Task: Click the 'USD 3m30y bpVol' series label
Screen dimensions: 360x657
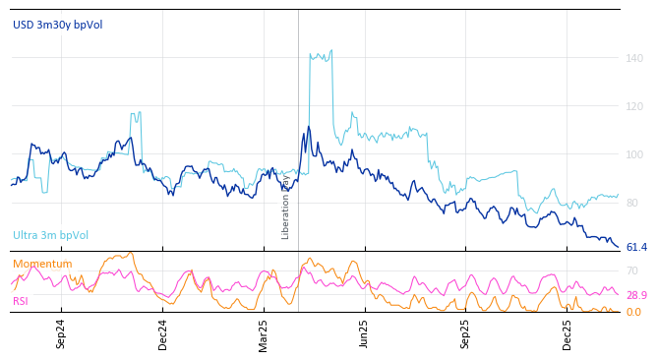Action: coord(57,25)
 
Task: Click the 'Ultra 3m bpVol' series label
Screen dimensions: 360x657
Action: coord(50,235)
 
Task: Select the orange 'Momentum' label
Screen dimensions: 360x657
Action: coord(42,264)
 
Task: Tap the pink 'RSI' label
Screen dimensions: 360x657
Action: coord(21,301)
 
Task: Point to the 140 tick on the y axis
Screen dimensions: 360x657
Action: coord(634,58)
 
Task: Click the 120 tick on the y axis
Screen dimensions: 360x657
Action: coord(634,106)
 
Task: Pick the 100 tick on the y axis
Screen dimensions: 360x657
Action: coord(634,154)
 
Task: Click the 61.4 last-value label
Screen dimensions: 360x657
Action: coord(636,247)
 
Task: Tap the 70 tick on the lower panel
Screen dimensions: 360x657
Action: coord(632,270)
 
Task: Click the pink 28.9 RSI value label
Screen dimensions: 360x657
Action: coord(636,295)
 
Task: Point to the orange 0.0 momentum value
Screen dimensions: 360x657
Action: coord(633,312)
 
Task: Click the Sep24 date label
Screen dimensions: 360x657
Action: coord(61,333)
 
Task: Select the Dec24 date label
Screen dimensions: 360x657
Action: coord(163,333)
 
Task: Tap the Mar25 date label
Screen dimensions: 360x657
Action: coord(264,333)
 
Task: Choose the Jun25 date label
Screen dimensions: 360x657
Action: coord(364,333)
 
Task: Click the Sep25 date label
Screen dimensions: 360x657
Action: coord(465,333)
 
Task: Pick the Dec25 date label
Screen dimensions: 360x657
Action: coord(567,333)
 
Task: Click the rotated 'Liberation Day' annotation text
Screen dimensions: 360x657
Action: coord(286,207)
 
